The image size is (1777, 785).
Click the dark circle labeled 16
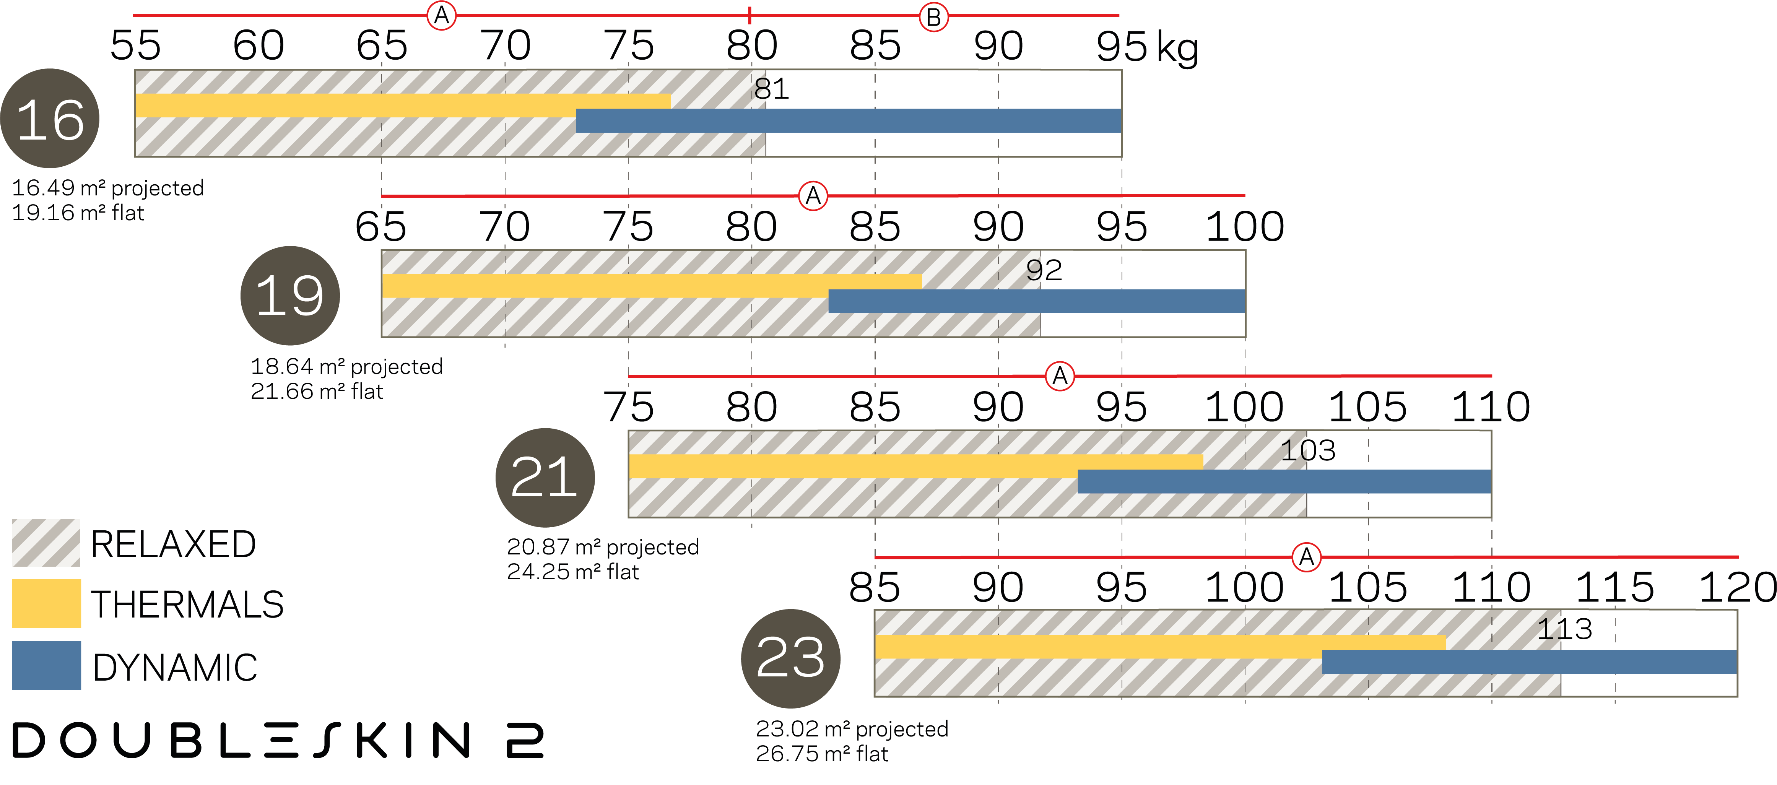(50, 118)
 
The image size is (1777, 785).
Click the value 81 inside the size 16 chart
(771, 89)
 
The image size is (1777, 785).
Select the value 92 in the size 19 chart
(1044, 270)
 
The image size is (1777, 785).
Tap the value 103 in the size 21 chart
(1308, 451)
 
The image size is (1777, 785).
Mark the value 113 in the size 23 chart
(1564, 629)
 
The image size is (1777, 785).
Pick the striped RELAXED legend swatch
(46, 543)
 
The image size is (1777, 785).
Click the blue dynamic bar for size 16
(849, 121)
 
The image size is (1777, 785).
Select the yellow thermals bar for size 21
(916, 466)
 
